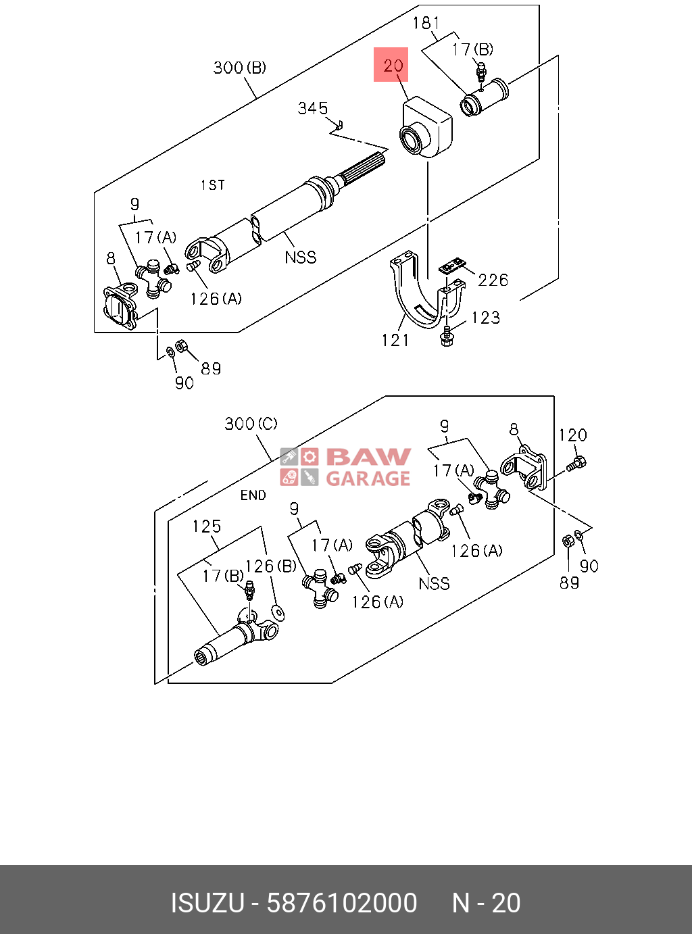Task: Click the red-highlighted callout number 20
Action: [x=393, y=66]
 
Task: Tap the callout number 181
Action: [x=426, y=23]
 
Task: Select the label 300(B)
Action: [x=240, y=68]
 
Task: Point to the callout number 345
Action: [x=312, y=109]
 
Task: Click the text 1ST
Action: [x=213, y=185]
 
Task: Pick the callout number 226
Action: [x=493, y=280]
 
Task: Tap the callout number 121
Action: [x=395, y=340]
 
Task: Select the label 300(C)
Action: [x=251, y=424]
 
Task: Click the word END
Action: [x=253, y=495]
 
